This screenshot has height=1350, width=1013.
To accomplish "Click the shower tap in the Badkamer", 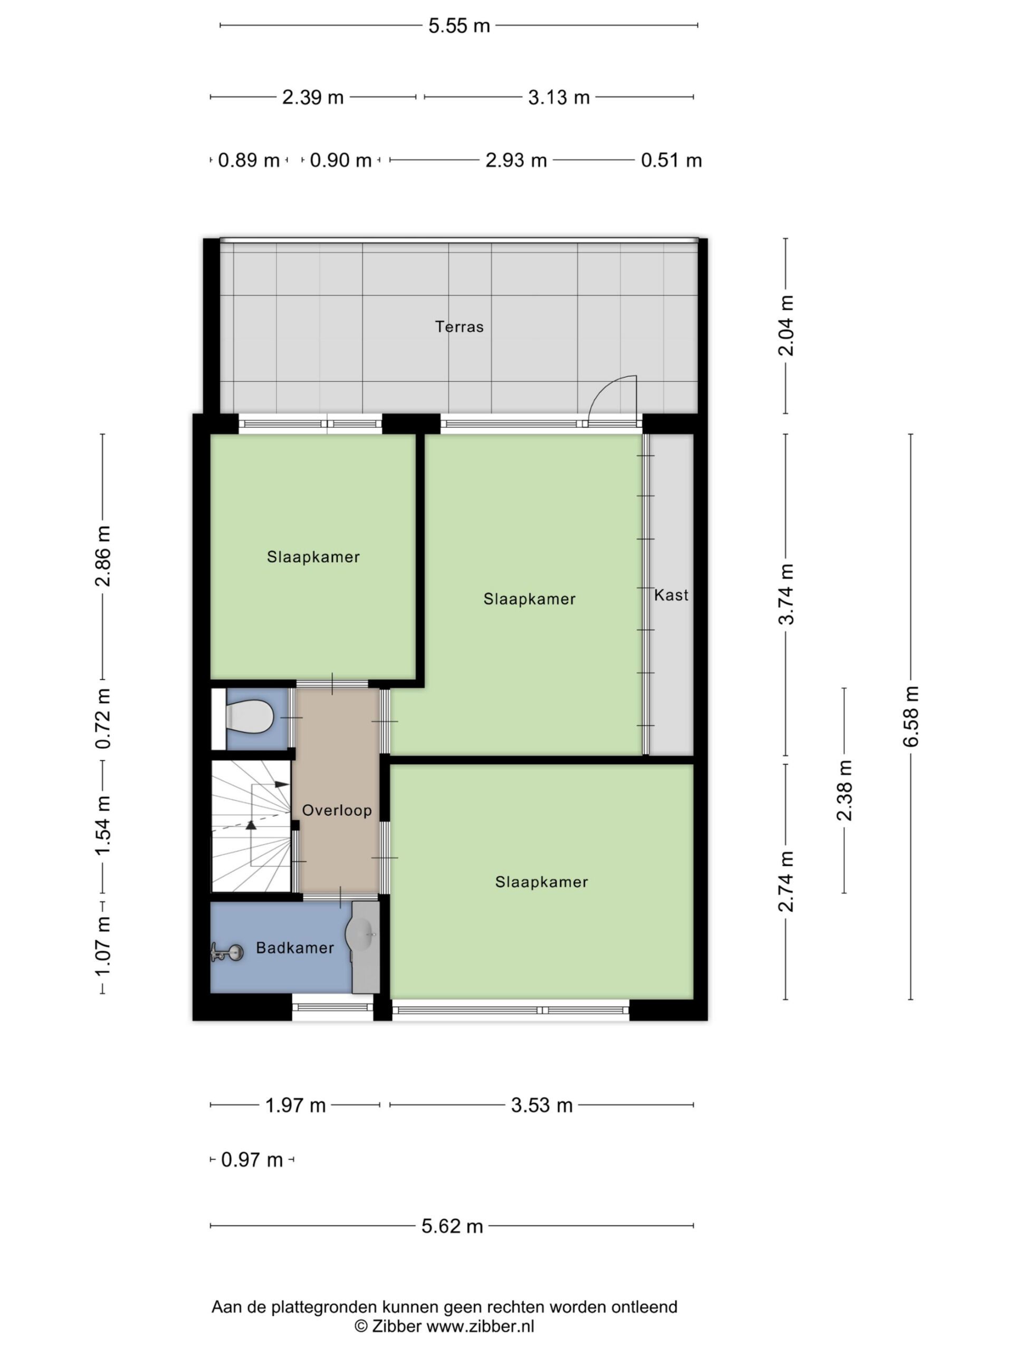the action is coord(226,951).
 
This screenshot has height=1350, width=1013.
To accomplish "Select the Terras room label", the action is coord(459,326).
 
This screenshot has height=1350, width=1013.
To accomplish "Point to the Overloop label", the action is coord(337,810).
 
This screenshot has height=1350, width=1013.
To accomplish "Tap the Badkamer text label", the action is coord(295,947).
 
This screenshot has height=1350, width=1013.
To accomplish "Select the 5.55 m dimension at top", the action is coord(459,26).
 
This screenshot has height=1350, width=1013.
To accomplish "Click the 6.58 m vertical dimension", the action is coord(911,717).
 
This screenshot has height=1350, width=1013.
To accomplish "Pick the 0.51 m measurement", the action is coord(671,160).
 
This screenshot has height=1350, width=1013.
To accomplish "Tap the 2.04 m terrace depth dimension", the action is coord(786,325).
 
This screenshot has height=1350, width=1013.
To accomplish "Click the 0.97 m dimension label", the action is coord(252,1160).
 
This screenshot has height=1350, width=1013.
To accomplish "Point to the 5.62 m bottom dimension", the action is coord(452,1226).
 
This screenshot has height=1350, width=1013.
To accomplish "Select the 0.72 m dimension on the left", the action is coord(102,718).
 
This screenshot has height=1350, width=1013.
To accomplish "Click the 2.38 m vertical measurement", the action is coord(845,790).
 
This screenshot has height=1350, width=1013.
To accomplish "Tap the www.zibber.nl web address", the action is coord(480,1326).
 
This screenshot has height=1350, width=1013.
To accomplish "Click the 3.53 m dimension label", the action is coord(542,1105).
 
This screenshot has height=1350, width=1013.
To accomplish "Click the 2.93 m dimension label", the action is coord(516,160).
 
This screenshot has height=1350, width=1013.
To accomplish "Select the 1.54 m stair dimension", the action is coord(102,825).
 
